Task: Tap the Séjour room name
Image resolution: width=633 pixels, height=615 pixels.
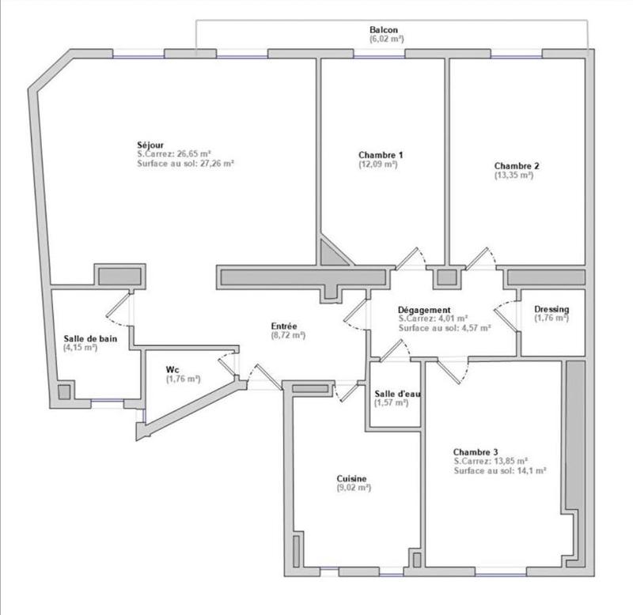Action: tap(150, 145)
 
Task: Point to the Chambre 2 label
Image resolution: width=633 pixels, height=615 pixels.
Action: tap(517, 166)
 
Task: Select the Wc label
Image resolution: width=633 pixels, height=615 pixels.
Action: tap(172, 369)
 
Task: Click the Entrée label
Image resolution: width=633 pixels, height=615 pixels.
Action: tap(283, 325)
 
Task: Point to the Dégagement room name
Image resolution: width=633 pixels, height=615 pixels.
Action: tap(425, 310)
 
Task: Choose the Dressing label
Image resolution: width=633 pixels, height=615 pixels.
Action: tap(552, 309)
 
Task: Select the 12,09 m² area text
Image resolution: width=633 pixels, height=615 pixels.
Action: tap(377, 164)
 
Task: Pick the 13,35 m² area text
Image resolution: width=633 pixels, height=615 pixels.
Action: tap(514, 175)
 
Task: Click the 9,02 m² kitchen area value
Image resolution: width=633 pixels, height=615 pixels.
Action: tap(353, 488)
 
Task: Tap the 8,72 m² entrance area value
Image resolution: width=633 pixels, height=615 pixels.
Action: tap(288, 334)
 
